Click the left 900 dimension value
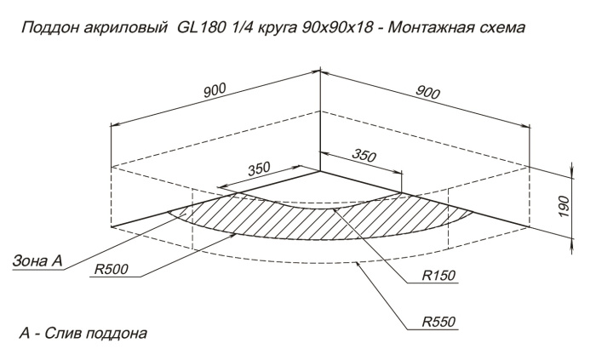(x=215, y=90)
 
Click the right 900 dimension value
(x=427, y=92)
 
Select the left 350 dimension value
(x=259, y=169)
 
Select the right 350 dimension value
(x=364, y=155)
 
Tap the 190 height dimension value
(x=564, y=206)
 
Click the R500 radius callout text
(x=111, y=269)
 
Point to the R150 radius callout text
(x=438, y=275)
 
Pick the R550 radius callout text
(x=438, y=322)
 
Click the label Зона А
(x=37, y=261)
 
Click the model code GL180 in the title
(x=201, y=27)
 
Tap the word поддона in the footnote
(x=116, y=334)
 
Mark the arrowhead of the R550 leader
(x=357, y=264)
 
